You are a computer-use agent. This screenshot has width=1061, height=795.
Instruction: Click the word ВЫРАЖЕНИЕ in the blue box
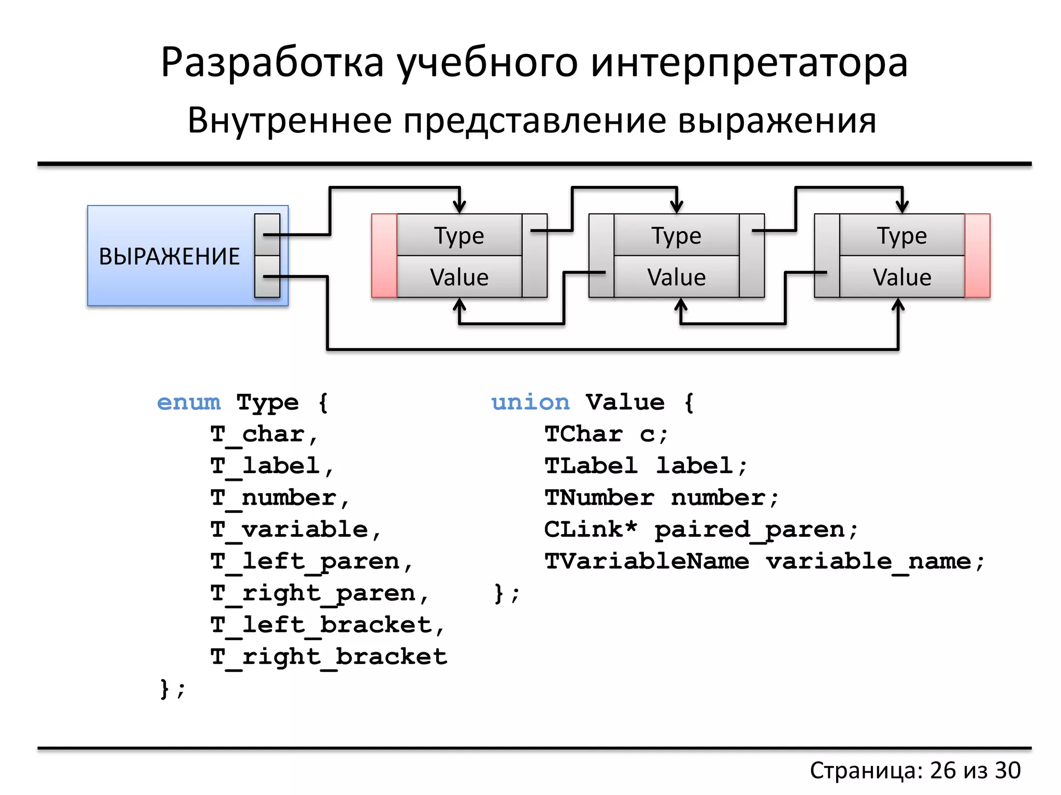(x=169, y=257)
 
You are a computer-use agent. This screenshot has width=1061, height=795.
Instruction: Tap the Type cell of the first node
(x=459, y=235)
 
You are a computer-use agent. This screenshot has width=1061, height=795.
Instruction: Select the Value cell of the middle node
(x=676, y=277)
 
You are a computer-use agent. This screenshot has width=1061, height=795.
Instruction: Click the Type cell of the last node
(x=902, y=235)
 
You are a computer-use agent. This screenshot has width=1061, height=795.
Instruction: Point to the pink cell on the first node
(x=384, y=256)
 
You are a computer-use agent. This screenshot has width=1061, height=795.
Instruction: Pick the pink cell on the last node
(x=978, y=256)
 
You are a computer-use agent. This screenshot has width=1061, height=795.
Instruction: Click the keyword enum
(x=189, y=402)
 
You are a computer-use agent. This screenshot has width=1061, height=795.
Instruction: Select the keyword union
(x=530, y=402)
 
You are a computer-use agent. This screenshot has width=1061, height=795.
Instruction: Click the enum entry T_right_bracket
(x=328, y=657)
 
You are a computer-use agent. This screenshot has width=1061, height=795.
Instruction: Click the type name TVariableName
(x=647, y=562)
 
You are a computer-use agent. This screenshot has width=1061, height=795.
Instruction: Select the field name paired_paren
(x=750, y=530)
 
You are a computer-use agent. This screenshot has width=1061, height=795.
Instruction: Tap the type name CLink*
(x=591, y=529)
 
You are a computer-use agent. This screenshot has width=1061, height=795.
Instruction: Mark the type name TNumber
(x=599, y=498)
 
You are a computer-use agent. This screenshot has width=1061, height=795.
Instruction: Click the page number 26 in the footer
(x=943, y=770)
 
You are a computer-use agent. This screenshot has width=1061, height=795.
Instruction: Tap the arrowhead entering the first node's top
(x=460, y=207)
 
